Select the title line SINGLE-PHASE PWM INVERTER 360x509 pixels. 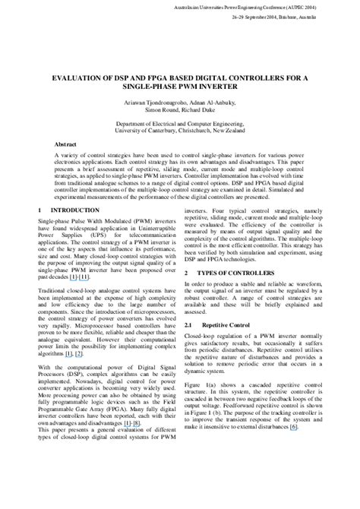pos(180,87)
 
